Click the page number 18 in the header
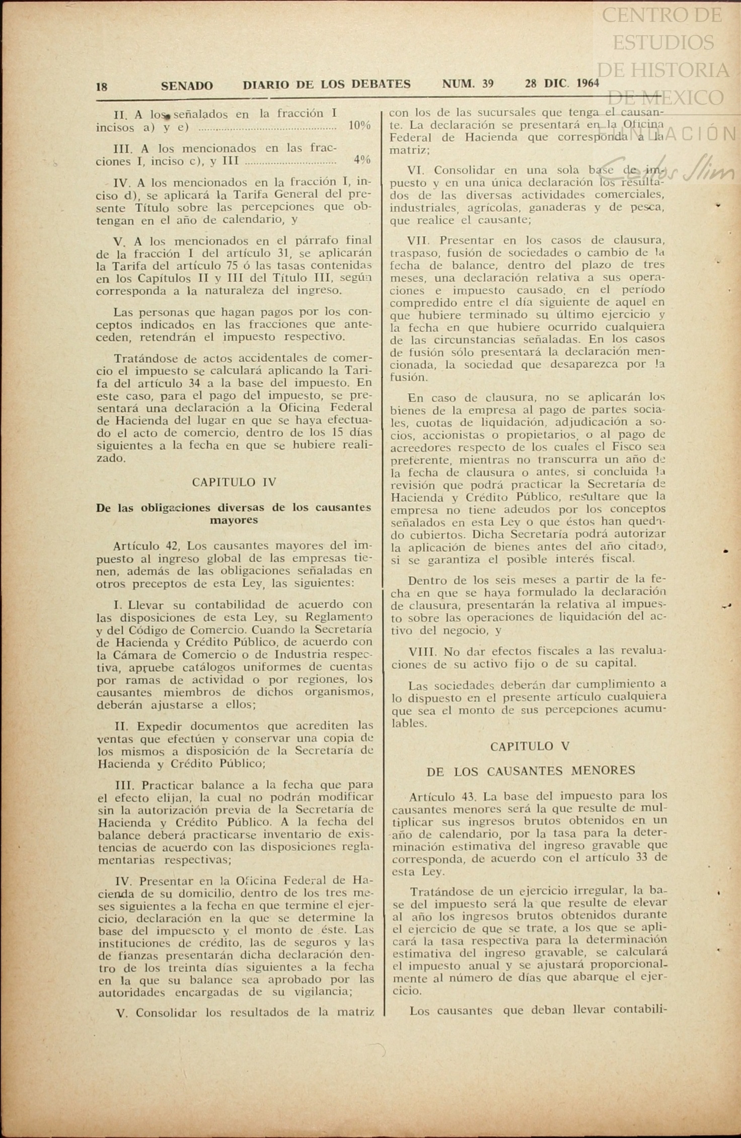click(101, 87)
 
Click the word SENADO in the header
click(187, 86)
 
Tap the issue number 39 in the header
click(487, 84)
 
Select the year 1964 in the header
click(588, 83)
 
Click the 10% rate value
click(359, 125)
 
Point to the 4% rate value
click(362, 160)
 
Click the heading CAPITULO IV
click(234, 482)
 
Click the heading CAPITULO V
click(530, 747)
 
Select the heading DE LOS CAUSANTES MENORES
click(531, 771)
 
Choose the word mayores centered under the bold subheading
click(234, 520)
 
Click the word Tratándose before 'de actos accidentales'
click(142, 358)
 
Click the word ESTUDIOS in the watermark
click(663, 42)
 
